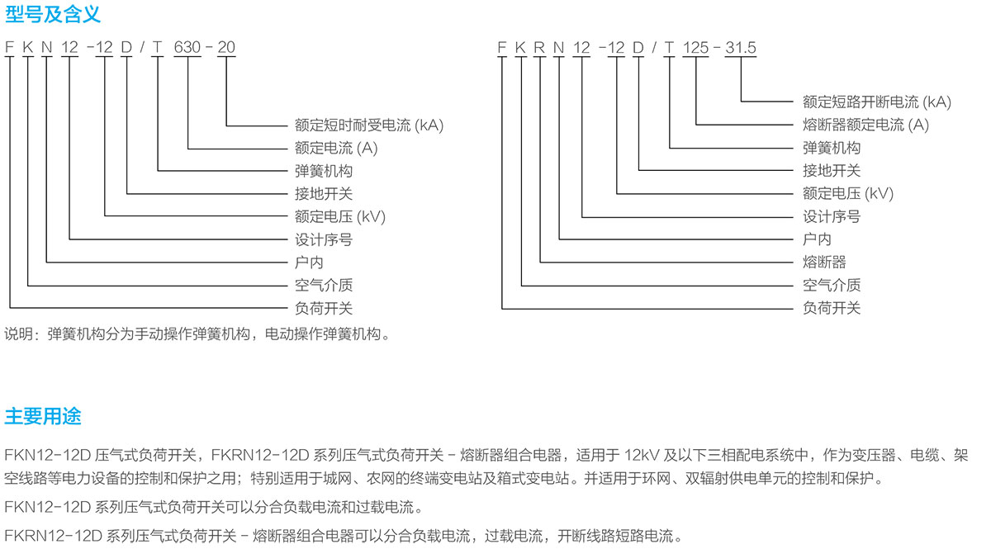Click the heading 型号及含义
[x=53, y=14]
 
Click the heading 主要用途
[x=43, y=416]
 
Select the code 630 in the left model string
[x=187, y=47]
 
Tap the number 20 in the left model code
[x=226, y=47]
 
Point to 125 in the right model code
[x=695, y=47]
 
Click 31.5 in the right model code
[x=741, y=47]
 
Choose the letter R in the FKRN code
[x=538, y=47]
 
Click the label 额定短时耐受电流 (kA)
[x=369, y=125]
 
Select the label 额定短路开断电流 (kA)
[x=877, y=102]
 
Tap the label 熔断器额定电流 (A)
[x=865, y=125]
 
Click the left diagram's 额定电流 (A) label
[x=336, y=149]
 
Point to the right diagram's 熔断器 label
[x=824, y=263]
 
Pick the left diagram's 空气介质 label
[x=324, y=286]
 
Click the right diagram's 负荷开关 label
[x=832, y=308]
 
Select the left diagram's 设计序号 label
[x=324, y=239]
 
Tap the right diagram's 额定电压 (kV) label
[x=848, y=194]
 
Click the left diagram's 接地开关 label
[x=324, y=194]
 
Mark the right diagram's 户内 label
[x=817, y=239]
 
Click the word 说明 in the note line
[x=19, y=334]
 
